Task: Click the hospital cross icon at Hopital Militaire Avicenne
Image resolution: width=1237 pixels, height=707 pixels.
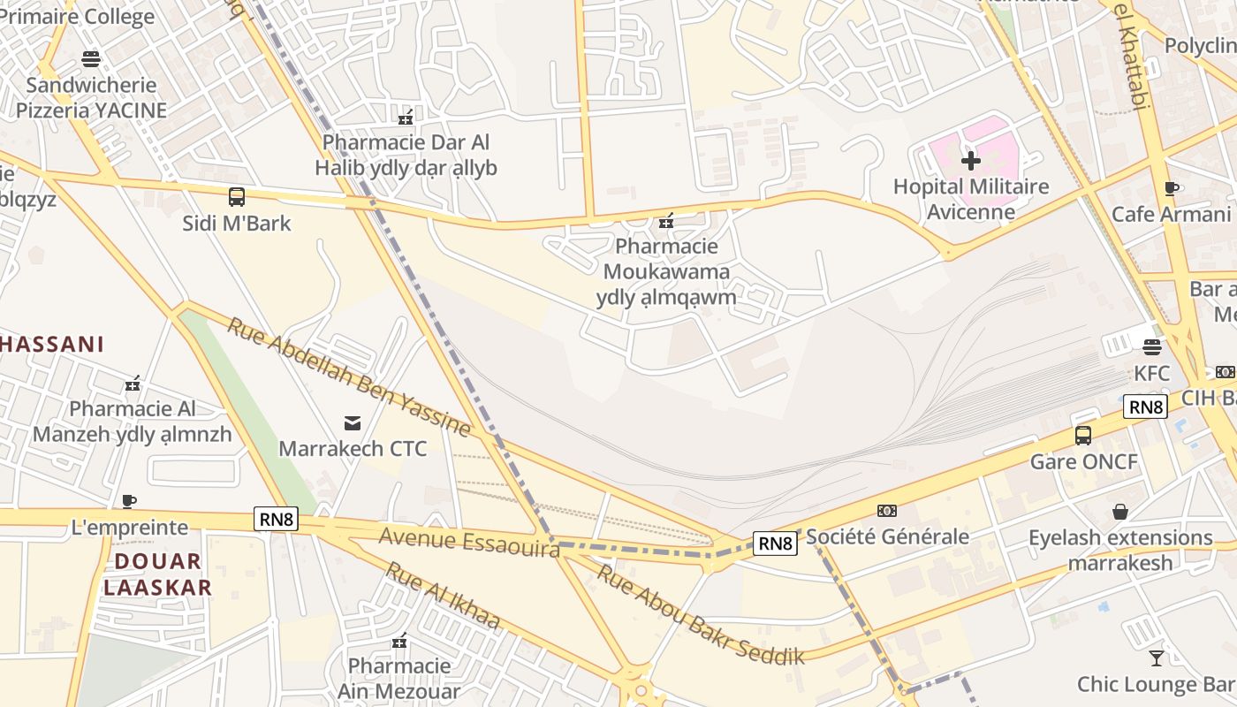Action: pos(971,161)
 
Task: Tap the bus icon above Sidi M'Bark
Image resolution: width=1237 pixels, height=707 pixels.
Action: pos(236,197)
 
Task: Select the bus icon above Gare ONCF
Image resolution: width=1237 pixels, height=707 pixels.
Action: pos(1083,435)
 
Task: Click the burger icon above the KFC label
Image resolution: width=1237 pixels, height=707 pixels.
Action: pos(1151,346)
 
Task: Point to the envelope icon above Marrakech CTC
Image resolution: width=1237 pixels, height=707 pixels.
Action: pos(353,422)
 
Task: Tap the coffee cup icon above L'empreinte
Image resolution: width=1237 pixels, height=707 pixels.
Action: pos(129,501)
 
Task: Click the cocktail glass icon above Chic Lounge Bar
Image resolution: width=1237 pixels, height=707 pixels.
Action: pos(1156,658)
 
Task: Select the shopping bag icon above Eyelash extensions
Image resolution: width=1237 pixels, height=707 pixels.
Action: pos(1120,512)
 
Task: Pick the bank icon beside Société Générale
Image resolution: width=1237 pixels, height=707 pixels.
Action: pos(886,511)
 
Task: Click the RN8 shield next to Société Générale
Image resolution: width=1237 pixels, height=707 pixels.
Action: pos(775,543)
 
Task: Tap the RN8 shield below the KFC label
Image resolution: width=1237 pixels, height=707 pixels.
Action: pos(1145,407)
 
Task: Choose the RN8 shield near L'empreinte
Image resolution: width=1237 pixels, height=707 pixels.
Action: pos(276,519)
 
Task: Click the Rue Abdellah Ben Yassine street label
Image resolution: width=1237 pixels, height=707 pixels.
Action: pos(349,376)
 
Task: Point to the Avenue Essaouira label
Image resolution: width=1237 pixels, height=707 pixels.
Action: pos(469,543)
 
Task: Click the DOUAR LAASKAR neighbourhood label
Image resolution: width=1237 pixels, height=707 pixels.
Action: pos(158,574)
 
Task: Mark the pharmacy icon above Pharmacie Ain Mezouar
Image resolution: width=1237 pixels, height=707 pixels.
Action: pos(399,640)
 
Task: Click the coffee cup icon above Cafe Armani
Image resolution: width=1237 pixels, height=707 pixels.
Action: pos(1172,188)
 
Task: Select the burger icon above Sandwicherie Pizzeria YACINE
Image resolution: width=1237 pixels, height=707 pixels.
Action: pos(91,59)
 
